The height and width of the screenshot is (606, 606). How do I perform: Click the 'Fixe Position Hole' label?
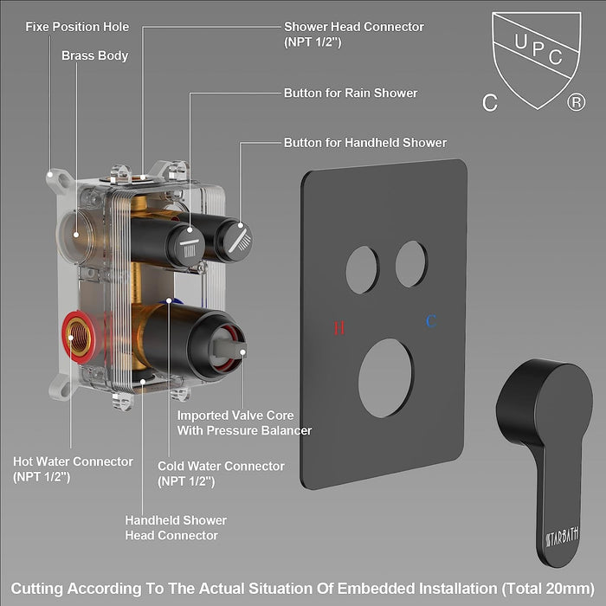pyautogui.click(x=77, y=27)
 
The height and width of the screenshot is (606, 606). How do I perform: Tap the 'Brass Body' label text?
pyautogui.click(x=94, y=55)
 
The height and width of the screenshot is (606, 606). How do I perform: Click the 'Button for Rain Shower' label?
pyautogui.click(x=351, y=93)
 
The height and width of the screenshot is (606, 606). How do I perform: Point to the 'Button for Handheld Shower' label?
pyautogui.click(x=365, y=142)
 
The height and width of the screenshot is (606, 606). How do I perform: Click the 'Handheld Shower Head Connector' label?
pyautogui.click(x=176, y=527)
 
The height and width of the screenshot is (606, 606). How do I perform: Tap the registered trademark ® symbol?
pyautogui.click(x=574, y=103)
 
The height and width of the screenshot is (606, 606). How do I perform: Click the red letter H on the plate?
pyautogui.click(x=339, y=328)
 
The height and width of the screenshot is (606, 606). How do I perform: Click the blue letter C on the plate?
pyautogui.click(x=430, y=322)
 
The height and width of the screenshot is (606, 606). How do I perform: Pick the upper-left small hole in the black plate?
pyautogui.click(x=362, y=268)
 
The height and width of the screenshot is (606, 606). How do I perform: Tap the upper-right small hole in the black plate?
pyautogui.click(x=411, y=264)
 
